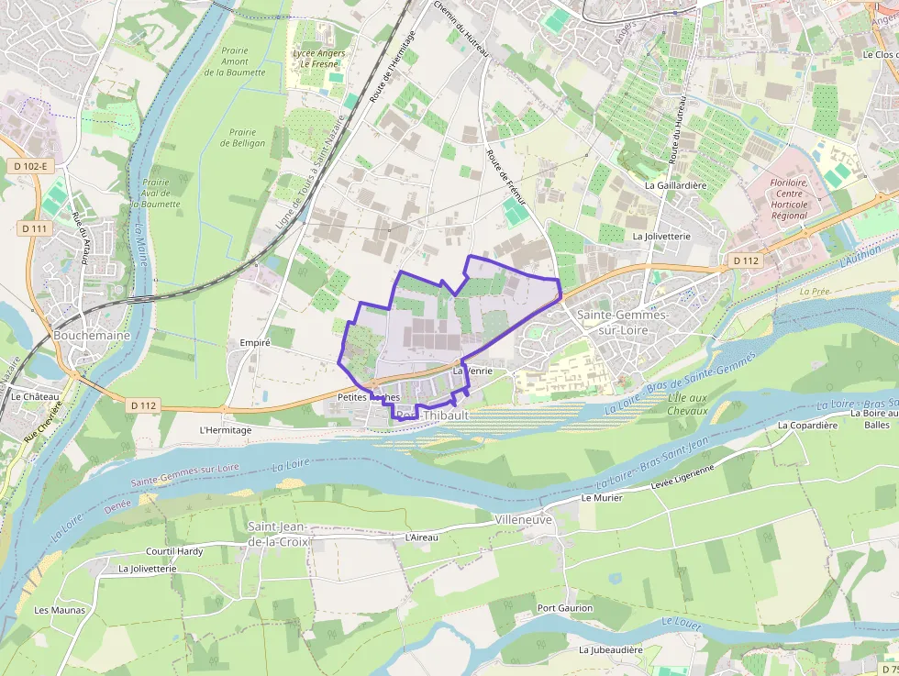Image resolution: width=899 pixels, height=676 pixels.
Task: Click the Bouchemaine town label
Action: pyautogui.click(x=92, y=336)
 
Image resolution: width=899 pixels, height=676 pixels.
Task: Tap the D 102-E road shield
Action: pyautogui.click(x=30, y=166)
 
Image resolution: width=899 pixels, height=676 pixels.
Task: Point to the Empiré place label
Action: pyautogui.click(x=254, y=342)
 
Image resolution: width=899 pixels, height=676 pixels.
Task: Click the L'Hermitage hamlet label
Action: pyautogui.click(x=225, y=429)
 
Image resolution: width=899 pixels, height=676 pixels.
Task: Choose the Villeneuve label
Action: pyautogui.click(x=523, y=519)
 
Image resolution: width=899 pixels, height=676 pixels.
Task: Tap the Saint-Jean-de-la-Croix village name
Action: pyautogui.click(x=279, y=534)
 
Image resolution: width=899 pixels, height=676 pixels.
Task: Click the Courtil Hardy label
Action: pyautogui.click(x=174, y=551)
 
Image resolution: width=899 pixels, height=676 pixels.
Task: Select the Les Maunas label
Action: pyautogui.click(x=60, y=610)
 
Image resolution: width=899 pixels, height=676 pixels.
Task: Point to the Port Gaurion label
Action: pyautogui.click(x=565, y=608)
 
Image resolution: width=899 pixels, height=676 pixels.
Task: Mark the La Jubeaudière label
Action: pyautogui.click(x=610, y=649)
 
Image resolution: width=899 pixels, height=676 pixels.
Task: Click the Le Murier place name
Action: pyautogui.click(x=602, y=498)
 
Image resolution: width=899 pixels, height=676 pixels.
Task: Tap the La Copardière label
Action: pyautogui.click(x=807, y=426)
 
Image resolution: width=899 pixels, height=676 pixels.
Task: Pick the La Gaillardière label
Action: pyautogui.click(x=676, y=184)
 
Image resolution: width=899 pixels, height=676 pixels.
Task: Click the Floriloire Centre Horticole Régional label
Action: pyautogui.click(x=789, y=199)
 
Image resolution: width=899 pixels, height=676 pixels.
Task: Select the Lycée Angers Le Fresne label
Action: pyautogui.click(x=318, y=59)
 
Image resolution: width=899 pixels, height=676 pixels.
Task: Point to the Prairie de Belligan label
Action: pyautogui.click(x=243, y=138)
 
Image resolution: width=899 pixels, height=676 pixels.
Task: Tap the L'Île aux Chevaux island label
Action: pyautogui.click(x=688, y=404)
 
